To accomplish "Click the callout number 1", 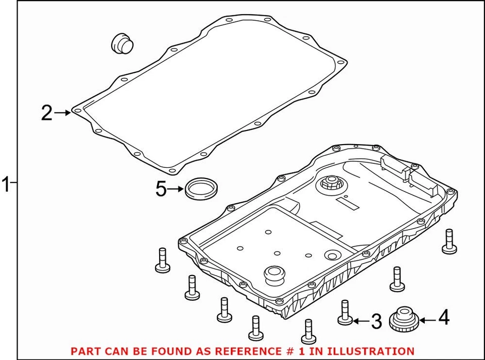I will [x=6, y=185].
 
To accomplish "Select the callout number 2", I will [x=46, y=113].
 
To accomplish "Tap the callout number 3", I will [x=376, y=321].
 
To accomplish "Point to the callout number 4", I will [x=443, y=318].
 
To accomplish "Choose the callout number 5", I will [x=161, y=190].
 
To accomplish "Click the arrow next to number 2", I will [x=63, y=113].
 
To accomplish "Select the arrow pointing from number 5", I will [x=176, y=190].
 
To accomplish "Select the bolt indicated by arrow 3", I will [x=345, y=312].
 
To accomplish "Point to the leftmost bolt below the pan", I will [x=162, y=260].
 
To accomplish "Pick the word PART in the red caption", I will [x=83, y=351].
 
